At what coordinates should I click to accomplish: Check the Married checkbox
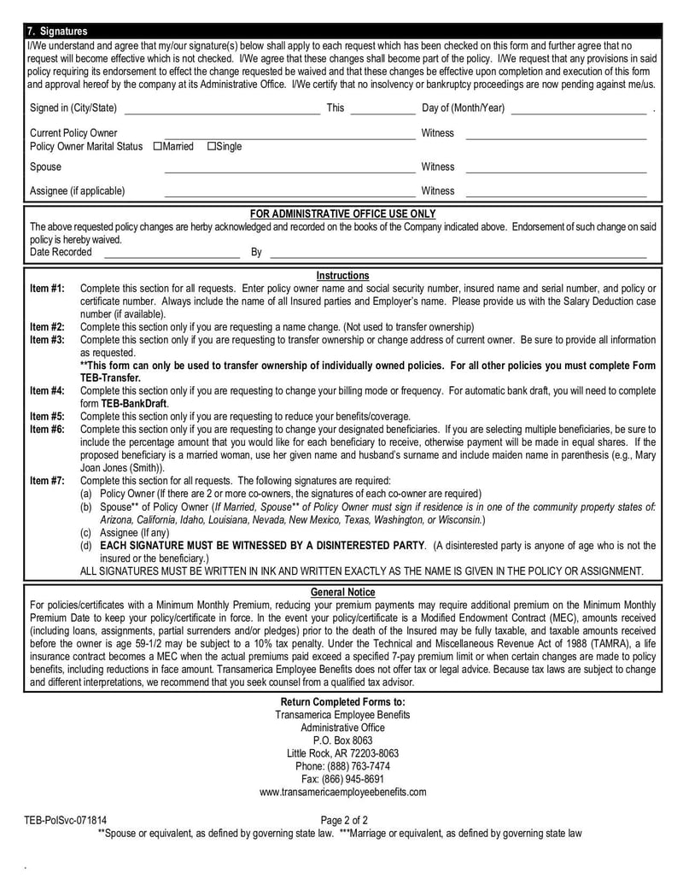[x=158, y=147]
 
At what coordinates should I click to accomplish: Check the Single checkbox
[x=212, y=147]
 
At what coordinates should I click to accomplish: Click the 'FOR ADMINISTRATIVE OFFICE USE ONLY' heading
[x=342, y=214]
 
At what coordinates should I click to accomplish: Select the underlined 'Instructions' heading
[x=342, y=276]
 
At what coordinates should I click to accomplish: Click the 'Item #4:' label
[x=47, y=390]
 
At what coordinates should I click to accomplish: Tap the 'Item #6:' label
[x=47, y=429]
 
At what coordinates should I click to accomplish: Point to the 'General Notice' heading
[x=342, y=592]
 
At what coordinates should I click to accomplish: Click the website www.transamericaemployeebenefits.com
[x=342, y=792]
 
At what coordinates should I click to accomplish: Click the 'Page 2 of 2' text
[x=344, y=821]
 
